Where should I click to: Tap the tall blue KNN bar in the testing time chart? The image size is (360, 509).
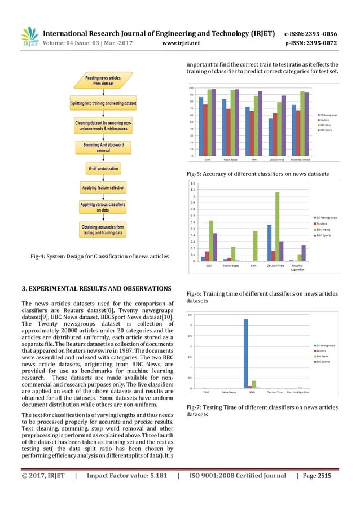[246, 353]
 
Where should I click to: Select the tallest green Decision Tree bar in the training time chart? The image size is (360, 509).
[277, 226]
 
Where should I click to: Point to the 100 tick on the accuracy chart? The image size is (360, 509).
[191, 88]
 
